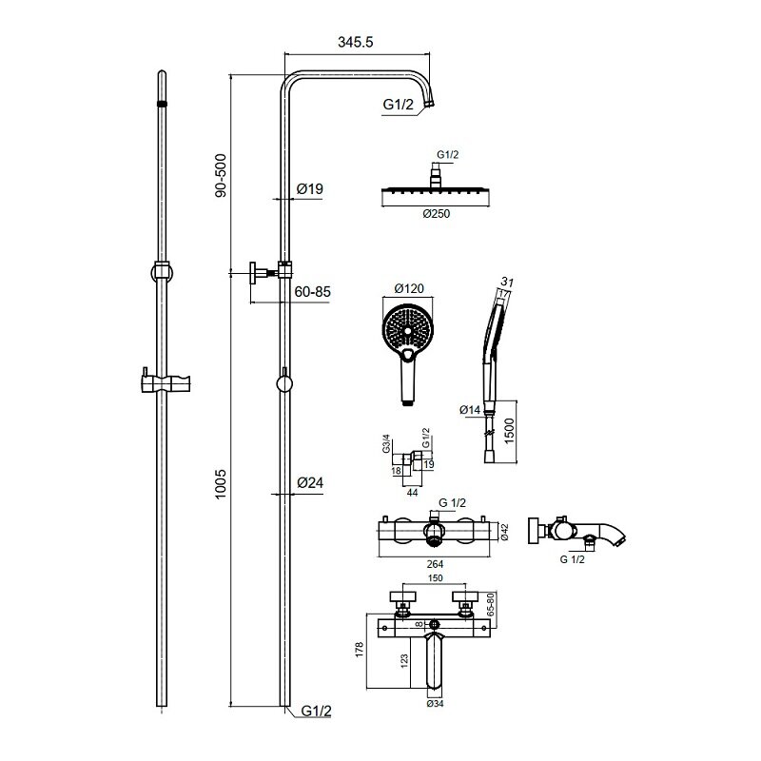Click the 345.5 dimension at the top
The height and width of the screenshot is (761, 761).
pos(355,42)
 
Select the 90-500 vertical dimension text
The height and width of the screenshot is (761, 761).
pos(221,175)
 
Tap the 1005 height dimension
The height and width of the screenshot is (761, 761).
pos(221,484)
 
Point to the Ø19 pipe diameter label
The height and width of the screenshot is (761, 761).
pos(310,188)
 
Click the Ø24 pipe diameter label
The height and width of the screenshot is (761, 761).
pos(310,483)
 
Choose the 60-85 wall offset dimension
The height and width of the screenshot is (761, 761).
pos(313,292)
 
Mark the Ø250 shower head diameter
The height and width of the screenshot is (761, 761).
pos(437,213)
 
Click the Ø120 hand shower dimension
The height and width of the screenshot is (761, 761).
pos(409,289)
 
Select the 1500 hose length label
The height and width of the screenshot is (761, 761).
pos(509,431)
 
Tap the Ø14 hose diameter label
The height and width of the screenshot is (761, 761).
pos(470,410)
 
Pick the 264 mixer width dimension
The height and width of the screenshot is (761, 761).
pos(435,564)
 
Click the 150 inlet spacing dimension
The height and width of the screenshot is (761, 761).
pos(435,578)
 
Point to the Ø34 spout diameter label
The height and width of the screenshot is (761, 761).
pos(435,703)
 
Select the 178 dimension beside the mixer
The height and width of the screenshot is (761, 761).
pos(360,650)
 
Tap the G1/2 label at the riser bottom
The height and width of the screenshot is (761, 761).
pos(317,711)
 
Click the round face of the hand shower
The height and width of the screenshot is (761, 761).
pos(408,330)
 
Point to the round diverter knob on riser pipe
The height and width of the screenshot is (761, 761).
pos(284,383)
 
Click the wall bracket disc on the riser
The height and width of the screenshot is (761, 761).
pos(253,273)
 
